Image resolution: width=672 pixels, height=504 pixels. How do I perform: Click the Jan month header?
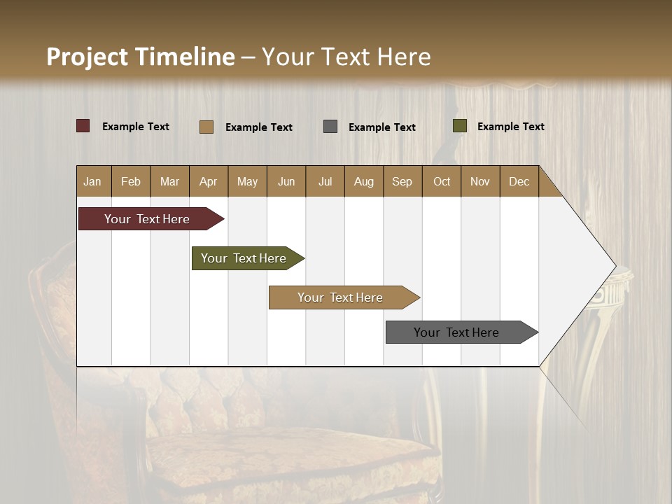(x=93, y=181)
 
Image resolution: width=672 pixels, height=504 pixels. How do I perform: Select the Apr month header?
(x=209, y=181)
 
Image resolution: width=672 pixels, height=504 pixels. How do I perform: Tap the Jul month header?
(x=325, y=181)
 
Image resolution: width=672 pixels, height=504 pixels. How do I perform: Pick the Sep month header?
(x=402, y=181)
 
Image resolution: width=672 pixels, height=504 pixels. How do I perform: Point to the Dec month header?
(x=519, y=181)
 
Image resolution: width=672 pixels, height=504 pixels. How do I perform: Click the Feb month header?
(x=131, y=181)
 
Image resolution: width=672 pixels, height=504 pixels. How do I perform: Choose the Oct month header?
(x=441, y=181)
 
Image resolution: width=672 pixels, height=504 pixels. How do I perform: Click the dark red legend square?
(x=83, y=126)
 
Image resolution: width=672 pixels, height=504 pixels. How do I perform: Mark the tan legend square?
(x=206, y=127)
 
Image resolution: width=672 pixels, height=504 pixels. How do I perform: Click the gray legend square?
(x=330, y=126)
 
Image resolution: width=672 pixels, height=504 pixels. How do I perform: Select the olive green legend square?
(x=459, y=126)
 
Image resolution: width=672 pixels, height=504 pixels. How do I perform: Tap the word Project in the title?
(x=87, y=57)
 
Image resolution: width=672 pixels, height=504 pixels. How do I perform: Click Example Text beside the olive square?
(x=510, y=127)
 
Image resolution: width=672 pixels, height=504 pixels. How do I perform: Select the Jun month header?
(x=286, y=181)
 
